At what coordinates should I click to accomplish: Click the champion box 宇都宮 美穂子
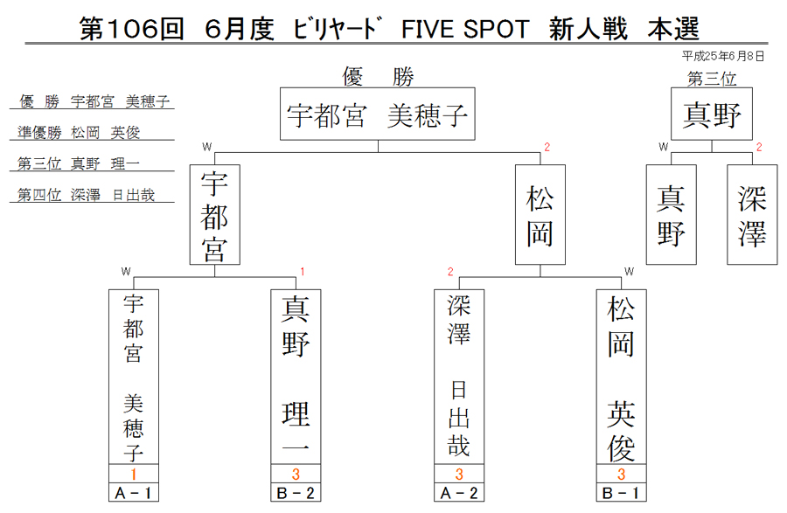point(378,114)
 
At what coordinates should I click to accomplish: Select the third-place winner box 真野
point(712,114)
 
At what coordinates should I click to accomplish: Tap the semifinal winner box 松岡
point(540,215)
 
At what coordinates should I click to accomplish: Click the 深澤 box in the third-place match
point(752,215)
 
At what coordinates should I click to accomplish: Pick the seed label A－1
point(134,493)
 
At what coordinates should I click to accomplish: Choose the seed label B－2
point(296,493)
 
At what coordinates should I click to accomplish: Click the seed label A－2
point(459,493)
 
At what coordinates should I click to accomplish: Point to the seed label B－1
point(621,493)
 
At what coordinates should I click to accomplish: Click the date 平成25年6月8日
point(723,56)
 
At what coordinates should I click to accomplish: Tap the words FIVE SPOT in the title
point(465,29)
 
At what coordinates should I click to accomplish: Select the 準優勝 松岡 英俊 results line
point(79,132)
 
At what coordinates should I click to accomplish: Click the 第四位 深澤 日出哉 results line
point(86,195)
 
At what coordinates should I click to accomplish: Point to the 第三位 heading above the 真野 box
point(712,79)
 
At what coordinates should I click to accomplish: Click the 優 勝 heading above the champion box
point(378,77)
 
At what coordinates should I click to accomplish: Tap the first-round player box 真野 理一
point(296,377)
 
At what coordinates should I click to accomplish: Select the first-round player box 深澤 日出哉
point(459,377)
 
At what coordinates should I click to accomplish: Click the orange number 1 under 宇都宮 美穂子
point(134,474)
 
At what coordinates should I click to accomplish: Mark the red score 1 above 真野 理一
point(303,272)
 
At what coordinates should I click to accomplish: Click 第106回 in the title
point(131,29)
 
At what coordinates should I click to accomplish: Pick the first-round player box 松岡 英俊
point(621,377)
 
